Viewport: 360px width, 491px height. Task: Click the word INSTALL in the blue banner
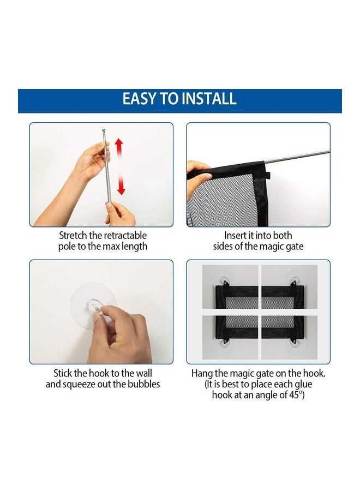(x=209, y=99)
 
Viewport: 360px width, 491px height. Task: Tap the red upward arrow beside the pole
(x=119, y=148)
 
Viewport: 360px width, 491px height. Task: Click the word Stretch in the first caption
(x=75, y=236)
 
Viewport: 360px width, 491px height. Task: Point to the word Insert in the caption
(x=236, y=236)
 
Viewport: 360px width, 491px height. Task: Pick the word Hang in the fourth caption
(x=202, y=374)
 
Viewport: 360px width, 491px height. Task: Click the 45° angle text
(x=295, y=395)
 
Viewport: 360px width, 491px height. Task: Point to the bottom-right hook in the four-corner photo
(x=294, y=343)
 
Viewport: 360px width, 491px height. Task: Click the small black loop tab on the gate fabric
(x=267, y=176)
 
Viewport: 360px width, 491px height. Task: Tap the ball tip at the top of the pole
(x=104, y=130)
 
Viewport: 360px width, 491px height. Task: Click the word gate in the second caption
(x=293, y=246)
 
